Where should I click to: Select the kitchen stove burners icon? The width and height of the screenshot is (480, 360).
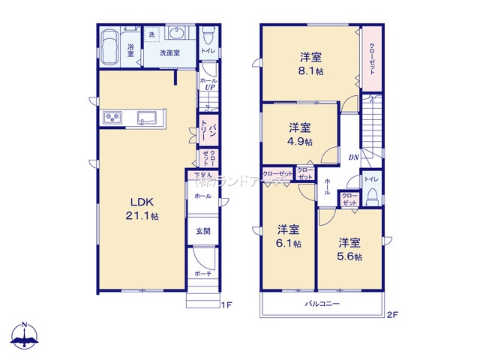coord(113,118)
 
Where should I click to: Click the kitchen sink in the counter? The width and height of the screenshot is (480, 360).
coord(147,117)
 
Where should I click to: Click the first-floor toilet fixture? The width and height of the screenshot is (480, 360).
coord(208,37)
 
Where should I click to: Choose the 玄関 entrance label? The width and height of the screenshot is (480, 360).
coord(202,231)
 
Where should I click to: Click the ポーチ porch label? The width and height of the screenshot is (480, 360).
coord(202,274)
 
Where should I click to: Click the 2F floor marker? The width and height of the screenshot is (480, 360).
coord(391,316)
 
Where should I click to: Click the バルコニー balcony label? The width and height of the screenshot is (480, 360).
coord(322,304)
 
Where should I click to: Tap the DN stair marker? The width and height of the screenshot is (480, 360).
coord(352,157)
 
